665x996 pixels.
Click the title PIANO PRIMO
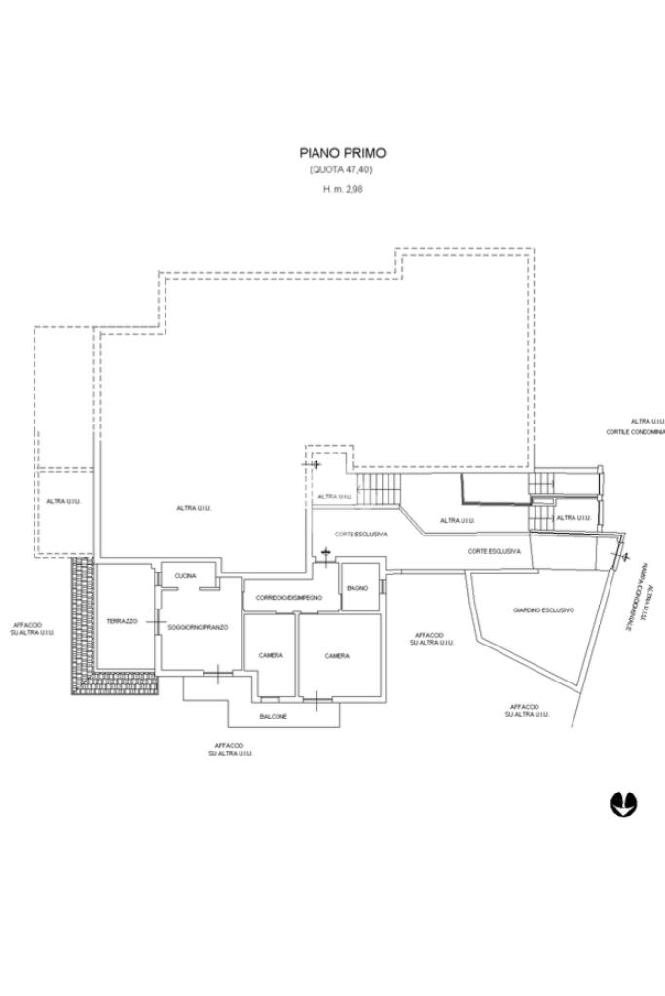click(342, 153)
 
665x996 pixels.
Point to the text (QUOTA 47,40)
click(342, 170)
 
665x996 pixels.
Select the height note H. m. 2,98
click(342, 189)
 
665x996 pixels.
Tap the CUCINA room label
click(185, 576)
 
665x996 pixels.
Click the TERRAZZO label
click(123, 620)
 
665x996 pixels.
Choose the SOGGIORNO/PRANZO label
click(198, 628)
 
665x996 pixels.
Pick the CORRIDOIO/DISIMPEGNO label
click(289, 597)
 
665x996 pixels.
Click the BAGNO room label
click(356, 588)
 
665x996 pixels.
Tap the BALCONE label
click(273, 717)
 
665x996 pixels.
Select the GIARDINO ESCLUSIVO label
click(543, 610)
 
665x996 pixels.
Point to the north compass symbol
click(623, 803)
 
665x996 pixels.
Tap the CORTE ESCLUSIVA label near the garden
click(495, 552)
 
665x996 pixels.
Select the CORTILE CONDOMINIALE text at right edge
click(635, 431)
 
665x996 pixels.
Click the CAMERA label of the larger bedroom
click(337, 656)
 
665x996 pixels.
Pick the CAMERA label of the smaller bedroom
click(271, 655)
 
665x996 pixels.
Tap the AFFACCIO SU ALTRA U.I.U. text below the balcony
click(229, 750)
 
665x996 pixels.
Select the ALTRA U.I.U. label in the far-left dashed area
click(62, 501)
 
